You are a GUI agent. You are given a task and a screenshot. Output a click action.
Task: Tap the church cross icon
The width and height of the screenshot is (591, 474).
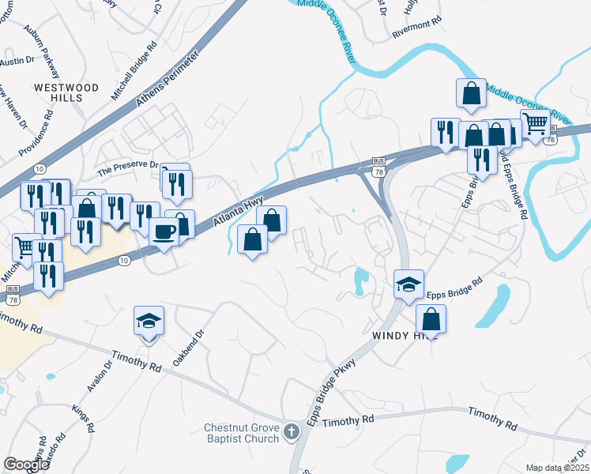coord(292,431)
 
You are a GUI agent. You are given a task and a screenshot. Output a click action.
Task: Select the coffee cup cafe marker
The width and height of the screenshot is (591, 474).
coord(165,232)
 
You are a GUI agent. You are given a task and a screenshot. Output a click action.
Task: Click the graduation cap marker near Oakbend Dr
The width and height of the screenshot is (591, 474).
coord(149,321)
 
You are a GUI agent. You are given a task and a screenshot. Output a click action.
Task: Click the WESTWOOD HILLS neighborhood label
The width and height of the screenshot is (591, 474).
coord(66,92)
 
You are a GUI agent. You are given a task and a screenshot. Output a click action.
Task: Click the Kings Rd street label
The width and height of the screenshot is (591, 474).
coord(83,418)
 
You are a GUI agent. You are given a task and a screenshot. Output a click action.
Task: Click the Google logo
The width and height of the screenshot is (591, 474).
coord(26,465)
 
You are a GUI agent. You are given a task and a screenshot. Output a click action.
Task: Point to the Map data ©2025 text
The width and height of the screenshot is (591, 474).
coord(557,468)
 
